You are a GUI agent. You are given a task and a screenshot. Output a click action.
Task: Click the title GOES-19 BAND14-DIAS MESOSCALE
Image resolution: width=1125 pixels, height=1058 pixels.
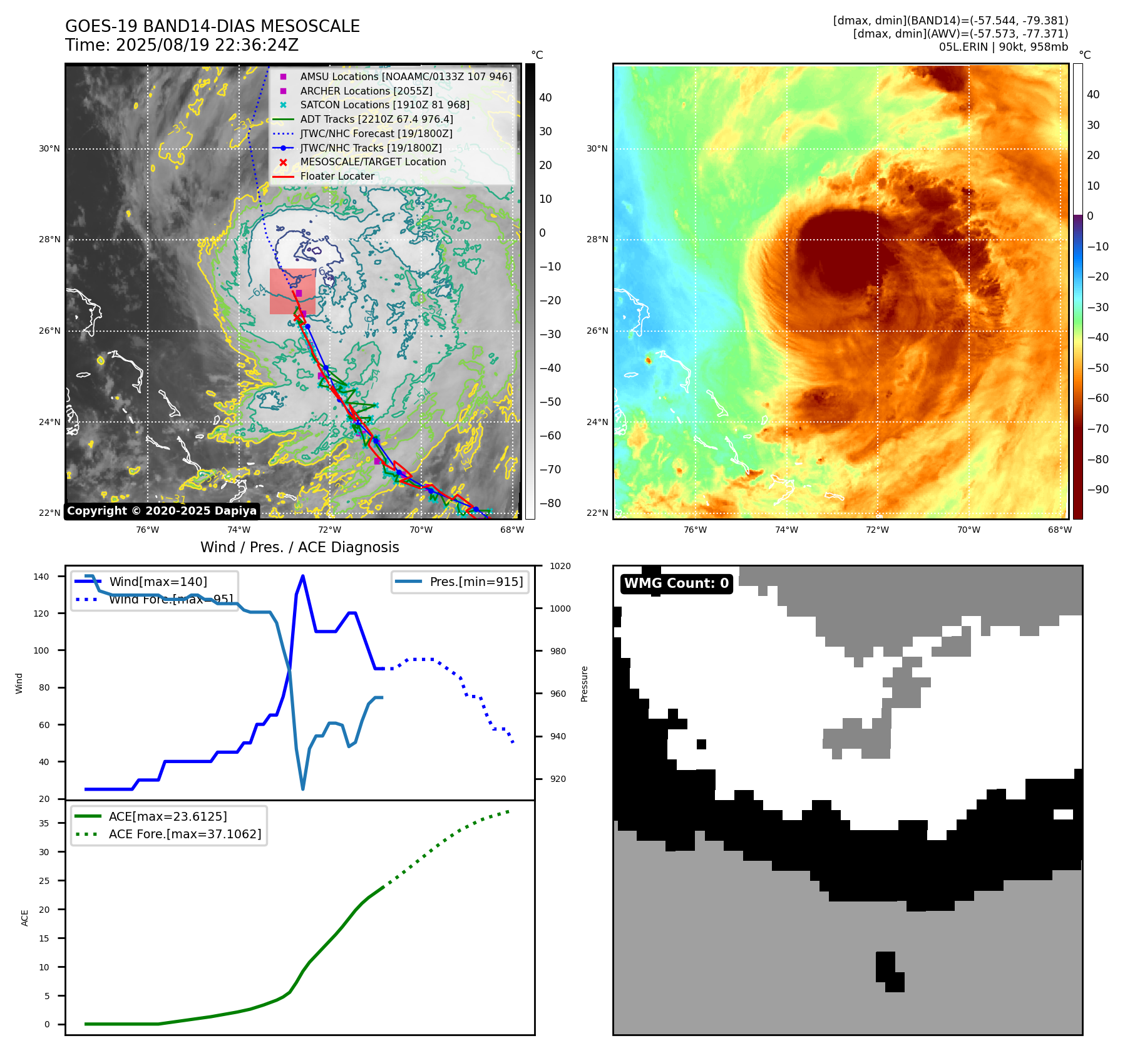[x=212, y=26]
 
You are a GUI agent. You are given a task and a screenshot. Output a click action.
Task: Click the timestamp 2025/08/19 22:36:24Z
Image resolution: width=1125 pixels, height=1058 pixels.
[x=207, y=45]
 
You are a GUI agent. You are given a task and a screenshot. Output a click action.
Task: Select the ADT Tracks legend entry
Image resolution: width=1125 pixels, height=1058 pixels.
[x=376, y=119]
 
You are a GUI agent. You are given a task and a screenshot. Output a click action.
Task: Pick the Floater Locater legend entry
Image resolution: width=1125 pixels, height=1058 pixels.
[x=337, y=176]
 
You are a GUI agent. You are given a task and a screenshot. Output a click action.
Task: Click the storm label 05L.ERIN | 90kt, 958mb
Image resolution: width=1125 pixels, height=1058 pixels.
[x=1003, y=46]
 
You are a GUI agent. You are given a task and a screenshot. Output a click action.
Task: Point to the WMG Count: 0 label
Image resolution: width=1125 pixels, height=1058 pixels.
[x=676, y=583]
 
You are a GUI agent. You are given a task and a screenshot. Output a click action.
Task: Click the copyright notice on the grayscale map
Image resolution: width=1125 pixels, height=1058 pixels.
[x=162, y=511]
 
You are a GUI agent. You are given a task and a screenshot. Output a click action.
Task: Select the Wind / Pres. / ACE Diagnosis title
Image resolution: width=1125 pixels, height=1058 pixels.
[x=299, y=547]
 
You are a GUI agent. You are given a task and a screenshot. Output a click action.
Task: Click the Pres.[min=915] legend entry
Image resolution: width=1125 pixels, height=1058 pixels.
[x=476, y=582]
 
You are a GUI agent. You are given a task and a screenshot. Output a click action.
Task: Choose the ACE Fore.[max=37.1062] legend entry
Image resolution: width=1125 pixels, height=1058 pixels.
[x=185, y=834]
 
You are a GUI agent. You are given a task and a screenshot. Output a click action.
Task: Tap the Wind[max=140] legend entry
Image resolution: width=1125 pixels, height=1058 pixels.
[x=158, y=582]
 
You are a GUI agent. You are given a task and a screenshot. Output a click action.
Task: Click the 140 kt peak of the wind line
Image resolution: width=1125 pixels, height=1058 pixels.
[x=303, y=576]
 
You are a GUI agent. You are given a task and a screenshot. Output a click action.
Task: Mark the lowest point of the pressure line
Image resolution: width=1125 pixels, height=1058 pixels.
[x=303, y=789]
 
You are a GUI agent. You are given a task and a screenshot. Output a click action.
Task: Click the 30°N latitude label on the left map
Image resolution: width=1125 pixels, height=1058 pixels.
[x=49, y=149]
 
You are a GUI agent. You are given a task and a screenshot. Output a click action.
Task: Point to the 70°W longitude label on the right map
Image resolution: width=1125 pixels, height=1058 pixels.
[x=968, y=530]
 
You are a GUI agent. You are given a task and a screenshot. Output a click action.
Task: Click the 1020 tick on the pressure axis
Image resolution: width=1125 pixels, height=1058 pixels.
[x=560, y=566]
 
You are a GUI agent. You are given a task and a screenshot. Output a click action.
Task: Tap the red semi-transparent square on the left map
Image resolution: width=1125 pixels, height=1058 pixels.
[x=292, y=291]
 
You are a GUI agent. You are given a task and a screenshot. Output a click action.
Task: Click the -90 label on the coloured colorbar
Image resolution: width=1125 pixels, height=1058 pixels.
[x=1097, y=490]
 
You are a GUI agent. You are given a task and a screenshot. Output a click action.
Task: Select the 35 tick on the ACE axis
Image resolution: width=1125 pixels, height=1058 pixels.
[x=44, y=823]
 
